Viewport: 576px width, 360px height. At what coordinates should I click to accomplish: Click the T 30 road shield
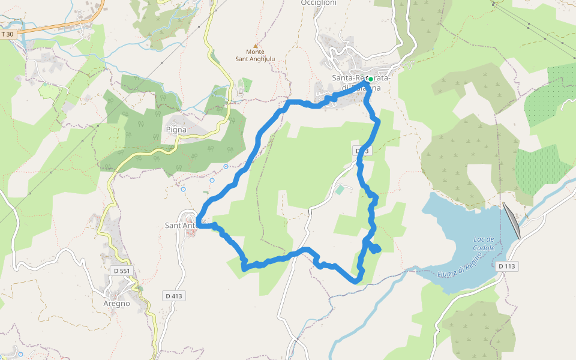7,34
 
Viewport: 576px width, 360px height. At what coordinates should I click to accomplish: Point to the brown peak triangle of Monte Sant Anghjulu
256,46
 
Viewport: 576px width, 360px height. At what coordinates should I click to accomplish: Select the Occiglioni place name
319,3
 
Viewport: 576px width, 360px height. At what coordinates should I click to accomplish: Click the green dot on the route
371,79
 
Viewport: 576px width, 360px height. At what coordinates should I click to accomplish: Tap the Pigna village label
176,130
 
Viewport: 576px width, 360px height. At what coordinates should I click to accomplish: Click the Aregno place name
116,303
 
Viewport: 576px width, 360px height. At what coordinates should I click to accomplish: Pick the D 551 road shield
122,271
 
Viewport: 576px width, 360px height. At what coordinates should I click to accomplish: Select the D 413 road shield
173,296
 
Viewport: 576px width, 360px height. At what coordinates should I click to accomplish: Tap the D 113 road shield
508,266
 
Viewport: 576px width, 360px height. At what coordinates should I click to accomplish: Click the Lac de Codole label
483,244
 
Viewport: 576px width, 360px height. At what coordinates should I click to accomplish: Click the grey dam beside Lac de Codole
511,220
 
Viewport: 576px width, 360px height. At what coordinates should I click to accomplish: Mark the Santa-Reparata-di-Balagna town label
360,83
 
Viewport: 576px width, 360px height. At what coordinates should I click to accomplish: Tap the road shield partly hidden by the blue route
362,151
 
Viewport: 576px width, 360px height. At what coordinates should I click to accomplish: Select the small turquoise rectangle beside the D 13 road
340,190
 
